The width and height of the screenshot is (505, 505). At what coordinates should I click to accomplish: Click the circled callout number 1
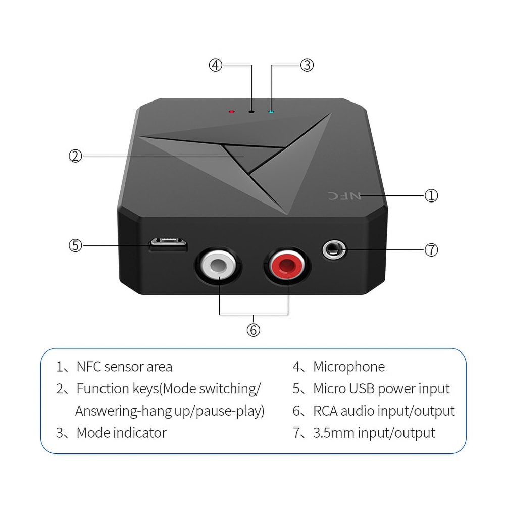point(431,195)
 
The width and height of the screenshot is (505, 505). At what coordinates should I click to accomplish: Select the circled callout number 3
point(307,65)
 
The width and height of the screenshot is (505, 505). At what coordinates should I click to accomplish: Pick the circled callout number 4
point(216,65)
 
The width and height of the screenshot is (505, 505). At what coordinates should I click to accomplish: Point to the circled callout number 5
point(75,245)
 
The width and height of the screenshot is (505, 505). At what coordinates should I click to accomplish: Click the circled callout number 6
point(253,330)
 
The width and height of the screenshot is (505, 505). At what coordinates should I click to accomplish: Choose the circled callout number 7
point(431,249)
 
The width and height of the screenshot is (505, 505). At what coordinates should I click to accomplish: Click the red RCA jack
point(286,265)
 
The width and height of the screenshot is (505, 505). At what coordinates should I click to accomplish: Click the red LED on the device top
point(232,111)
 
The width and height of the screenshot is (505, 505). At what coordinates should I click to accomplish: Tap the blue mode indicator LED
point(271,111)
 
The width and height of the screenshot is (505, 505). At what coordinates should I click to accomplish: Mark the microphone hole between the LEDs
point(251,111)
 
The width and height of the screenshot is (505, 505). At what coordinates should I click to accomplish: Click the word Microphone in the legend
point(349,367)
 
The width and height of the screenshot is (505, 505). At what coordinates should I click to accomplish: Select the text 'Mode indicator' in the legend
point(121,433)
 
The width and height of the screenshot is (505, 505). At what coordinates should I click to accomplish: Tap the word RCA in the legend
point(325,411)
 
